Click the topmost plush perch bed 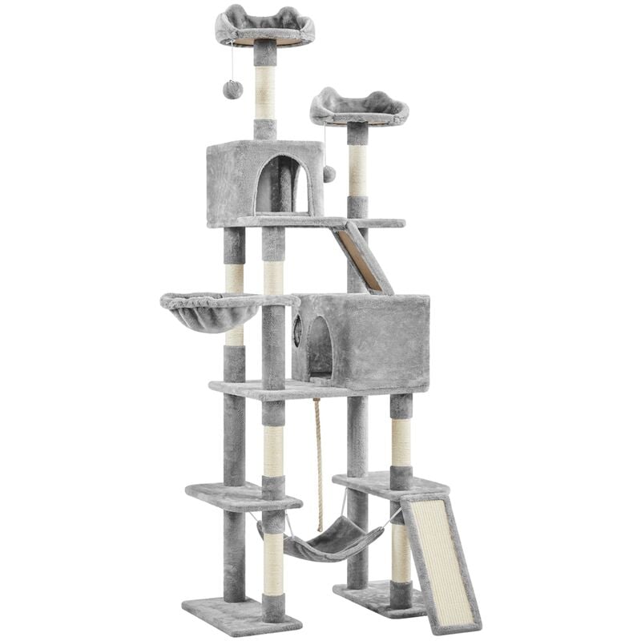tap(264, 26)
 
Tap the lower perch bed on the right tap(359, 108)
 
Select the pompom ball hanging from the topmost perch tap(233, 88)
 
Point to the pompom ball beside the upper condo tap(329, 174)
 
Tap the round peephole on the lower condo tap(296, 327)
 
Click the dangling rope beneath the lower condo tap(319, 449)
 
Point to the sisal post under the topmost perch tap(264, 91)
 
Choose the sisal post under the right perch tap(357, 171)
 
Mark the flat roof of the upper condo tap(264, 147)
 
